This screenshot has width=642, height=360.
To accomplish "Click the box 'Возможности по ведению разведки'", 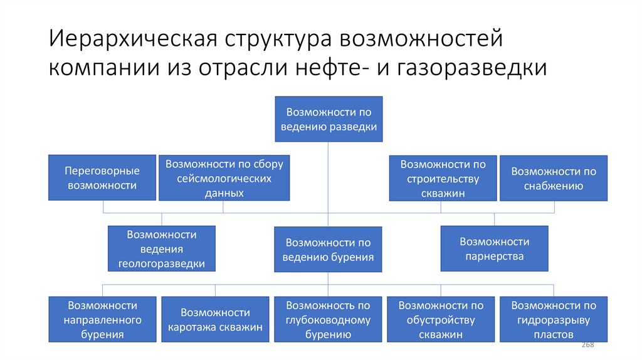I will coord(329,119).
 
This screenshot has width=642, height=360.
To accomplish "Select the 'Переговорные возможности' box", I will coord(102,177).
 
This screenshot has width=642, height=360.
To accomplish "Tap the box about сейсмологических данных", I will coord(224,177).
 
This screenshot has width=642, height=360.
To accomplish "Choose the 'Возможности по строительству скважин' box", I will coord(443,178).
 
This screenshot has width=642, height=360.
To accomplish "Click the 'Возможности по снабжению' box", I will coord(554,178).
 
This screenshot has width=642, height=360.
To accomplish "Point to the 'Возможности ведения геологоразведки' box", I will coord(162,248).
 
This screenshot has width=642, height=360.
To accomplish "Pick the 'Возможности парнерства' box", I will coord(494,248).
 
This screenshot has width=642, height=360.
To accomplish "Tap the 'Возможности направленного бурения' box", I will coord(102,320).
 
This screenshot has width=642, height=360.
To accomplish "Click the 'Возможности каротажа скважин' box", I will coord(215,320).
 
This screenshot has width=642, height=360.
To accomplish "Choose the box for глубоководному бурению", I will coord(328,320).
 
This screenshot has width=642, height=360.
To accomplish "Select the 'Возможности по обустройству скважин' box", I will coord(441,320).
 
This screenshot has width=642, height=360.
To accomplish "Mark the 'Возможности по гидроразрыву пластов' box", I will coord(554,320).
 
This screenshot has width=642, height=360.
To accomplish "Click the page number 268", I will coord(588,346).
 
